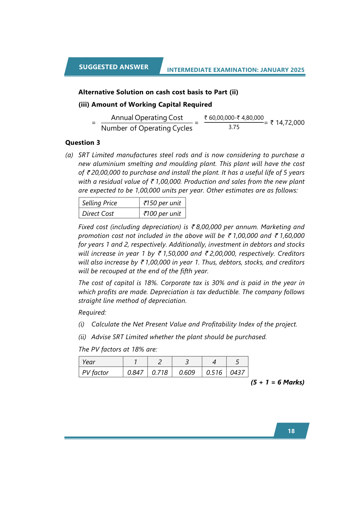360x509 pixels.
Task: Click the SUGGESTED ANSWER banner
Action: coord(114,67)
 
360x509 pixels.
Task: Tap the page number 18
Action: coord(291,431)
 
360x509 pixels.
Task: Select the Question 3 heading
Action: coord(83,143)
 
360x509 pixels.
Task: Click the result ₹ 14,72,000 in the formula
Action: coord(287,123)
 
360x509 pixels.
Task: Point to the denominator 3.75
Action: coord(234,127)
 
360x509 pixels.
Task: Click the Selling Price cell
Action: coord(99,203)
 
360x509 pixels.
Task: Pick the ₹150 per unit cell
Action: coord(162,203)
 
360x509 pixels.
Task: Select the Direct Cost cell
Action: coord(98,214)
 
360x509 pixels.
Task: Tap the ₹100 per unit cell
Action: coord(162,214)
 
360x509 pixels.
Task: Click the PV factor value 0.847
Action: coord(135,373)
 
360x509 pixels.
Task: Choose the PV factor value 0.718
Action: coord(160,373)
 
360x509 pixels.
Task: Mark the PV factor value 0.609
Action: coord(187,373)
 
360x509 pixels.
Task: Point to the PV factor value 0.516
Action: coord(214,373)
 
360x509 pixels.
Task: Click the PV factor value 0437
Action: coord(237,373)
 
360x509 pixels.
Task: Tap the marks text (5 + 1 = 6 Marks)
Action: coord(277,382)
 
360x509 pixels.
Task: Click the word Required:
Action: coord(92,313)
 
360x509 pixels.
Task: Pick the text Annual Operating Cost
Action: coord(147,118)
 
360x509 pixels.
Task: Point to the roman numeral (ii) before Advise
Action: coord(82,337)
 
